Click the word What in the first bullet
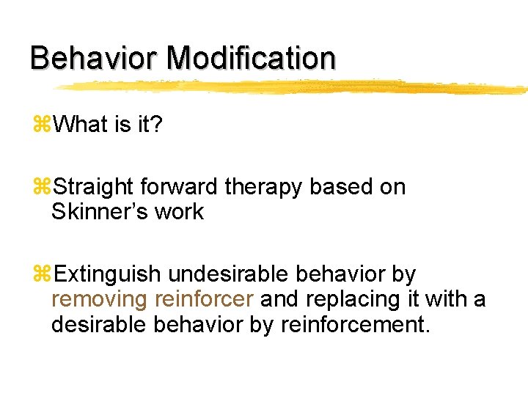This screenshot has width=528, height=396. click(x=81, y=125)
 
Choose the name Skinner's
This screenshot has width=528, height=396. click(x=95, y=213)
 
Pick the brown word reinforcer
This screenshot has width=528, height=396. click(x=205, y=300)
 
